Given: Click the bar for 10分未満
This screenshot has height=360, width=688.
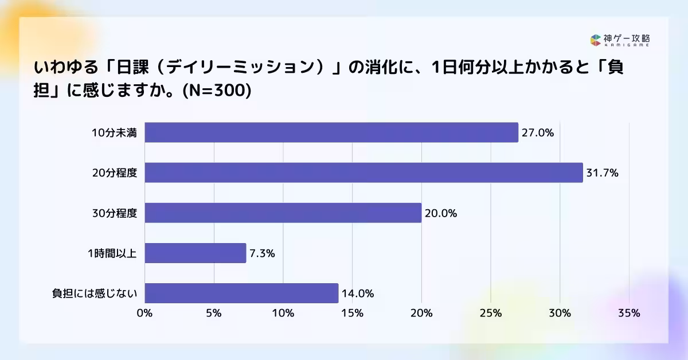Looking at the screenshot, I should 331,132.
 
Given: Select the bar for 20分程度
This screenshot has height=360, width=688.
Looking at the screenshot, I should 363,173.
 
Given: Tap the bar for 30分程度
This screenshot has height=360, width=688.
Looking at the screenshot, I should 283,213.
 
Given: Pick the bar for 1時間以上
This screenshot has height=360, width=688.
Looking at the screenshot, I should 195,253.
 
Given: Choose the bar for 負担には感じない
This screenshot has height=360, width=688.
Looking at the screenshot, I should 241,293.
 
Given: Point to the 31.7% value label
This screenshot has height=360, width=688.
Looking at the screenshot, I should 602,173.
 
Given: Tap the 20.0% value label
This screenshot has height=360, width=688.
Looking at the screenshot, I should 441,213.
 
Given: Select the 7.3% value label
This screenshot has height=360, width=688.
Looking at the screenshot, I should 262,253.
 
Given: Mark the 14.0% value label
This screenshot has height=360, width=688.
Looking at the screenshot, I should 358,294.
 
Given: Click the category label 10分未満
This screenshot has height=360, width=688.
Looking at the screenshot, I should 115,133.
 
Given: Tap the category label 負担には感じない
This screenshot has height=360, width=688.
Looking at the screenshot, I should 95,294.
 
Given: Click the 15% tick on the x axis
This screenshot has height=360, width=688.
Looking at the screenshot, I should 352,313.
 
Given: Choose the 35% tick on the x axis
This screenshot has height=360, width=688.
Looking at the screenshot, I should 629,313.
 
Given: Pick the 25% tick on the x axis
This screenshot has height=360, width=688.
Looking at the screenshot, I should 491,313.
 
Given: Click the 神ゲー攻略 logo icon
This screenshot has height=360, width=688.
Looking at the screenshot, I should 595,40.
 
